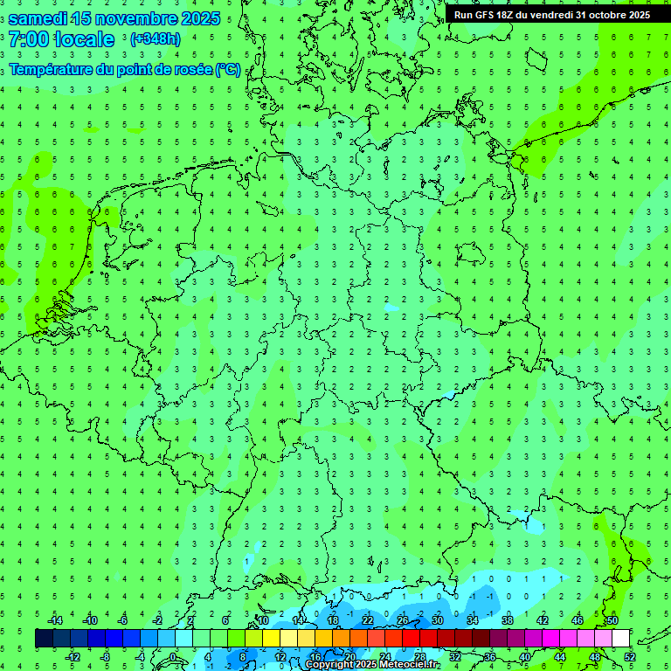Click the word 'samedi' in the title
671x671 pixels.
click(38, 18)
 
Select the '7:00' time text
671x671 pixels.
click(29, 39)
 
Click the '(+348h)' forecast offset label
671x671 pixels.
click(155, 39)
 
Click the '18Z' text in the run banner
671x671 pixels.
click(508, 15)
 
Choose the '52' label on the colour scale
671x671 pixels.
click(629, 656)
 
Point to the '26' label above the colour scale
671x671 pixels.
click(403, 620)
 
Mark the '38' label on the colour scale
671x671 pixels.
click(508, 620)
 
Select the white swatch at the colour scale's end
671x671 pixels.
click(620, 639)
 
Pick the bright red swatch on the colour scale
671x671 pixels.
click(411, 639)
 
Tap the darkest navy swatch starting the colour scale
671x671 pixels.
click(44, 639)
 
